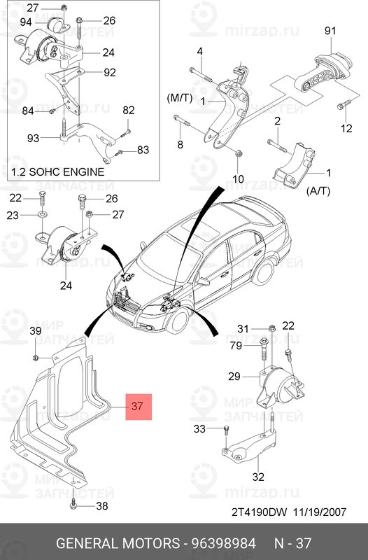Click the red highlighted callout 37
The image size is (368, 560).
point(139,407)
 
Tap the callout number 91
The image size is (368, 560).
point(330,31)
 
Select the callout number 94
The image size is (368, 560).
point(26,22)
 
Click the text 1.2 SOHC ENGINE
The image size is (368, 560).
point(58,171)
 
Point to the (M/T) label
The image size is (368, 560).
point(179,98)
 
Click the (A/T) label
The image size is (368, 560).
point(318,190)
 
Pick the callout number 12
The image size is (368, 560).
point(346,128)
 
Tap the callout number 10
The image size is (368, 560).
point(238,178)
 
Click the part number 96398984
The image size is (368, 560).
point(224,543)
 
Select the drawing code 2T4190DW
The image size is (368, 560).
point(259,512)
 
